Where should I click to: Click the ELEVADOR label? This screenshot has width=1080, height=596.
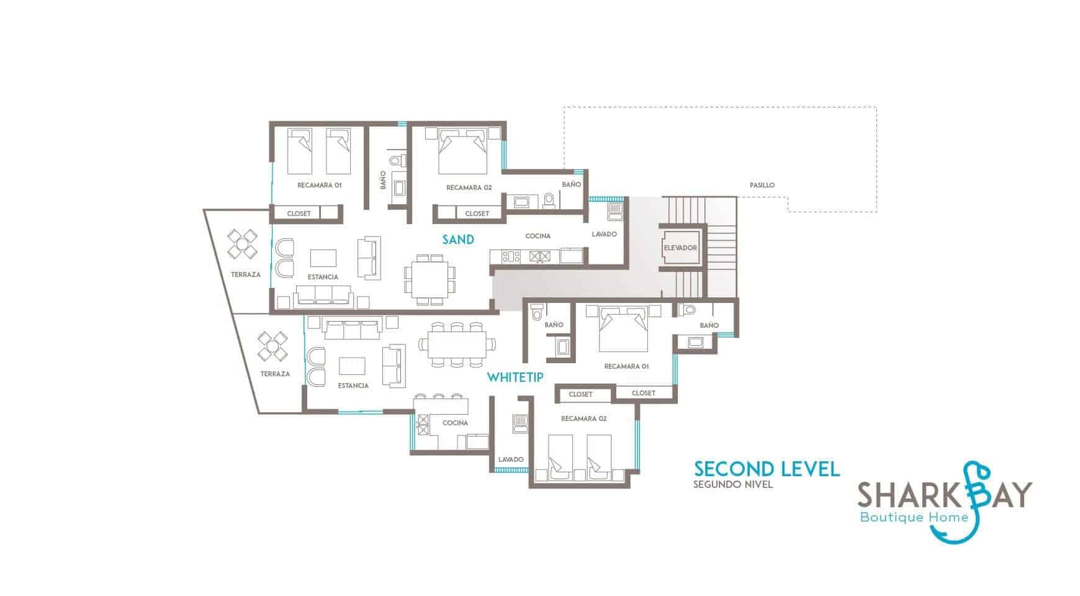point(680,248)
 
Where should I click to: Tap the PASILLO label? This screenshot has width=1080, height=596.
point(762,185)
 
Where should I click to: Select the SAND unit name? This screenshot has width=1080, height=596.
point(458,240)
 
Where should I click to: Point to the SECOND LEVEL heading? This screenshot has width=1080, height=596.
point(767,469)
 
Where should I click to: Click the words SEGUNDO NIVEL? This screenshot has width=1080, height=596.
point(733,484)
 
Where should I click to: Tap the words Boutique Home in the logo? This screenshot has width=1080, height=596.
point(914,517)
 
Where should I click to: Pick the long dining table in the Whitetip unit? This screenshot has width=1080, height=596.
point(457,343)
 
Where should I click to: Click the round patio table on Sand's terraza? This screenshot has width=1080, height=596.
point(241,244)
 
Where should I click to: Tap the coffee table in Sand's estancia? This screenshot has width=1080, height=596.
point(323,258)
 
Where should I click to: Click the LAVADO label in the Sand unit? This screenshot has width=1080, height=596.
point(604,234)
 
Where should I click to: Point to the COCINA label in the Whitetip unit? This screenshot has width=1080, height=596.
point(455,423)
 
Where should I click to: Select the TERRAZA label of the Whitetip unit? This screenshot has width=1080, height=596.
point(275,374)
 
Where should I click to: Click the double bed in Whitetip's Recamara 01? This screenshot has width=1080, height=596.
point(623,328)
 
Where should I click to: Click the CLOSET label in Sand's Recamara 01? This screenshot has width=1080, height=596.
point(299,214)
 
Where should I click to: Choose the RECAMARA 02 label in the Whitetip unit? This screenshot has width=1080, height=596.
point(583,418)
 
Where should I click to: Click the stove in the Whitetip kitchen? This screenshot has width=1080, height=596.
point(422,425)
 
